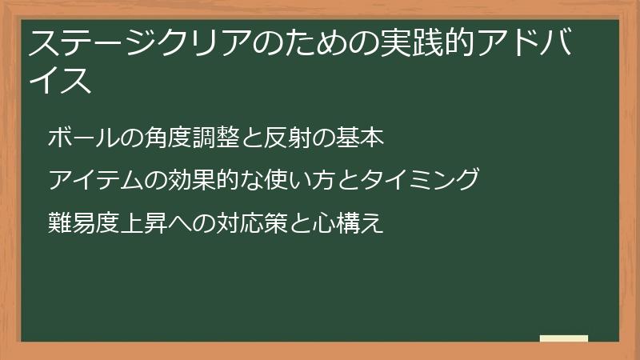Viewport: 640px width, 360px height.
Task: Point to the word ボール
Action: pyautogui.click(x=82, y=138)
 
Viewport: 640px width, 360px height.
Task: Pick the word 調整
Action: pyautogui.click(x=205, y=138)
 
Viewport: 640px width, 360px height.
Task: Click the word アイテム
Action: pyautogui.click(x=94, y=180)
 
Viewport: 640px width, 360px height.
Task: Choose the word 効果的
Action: pyautogui.click(x=194, y=180)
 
